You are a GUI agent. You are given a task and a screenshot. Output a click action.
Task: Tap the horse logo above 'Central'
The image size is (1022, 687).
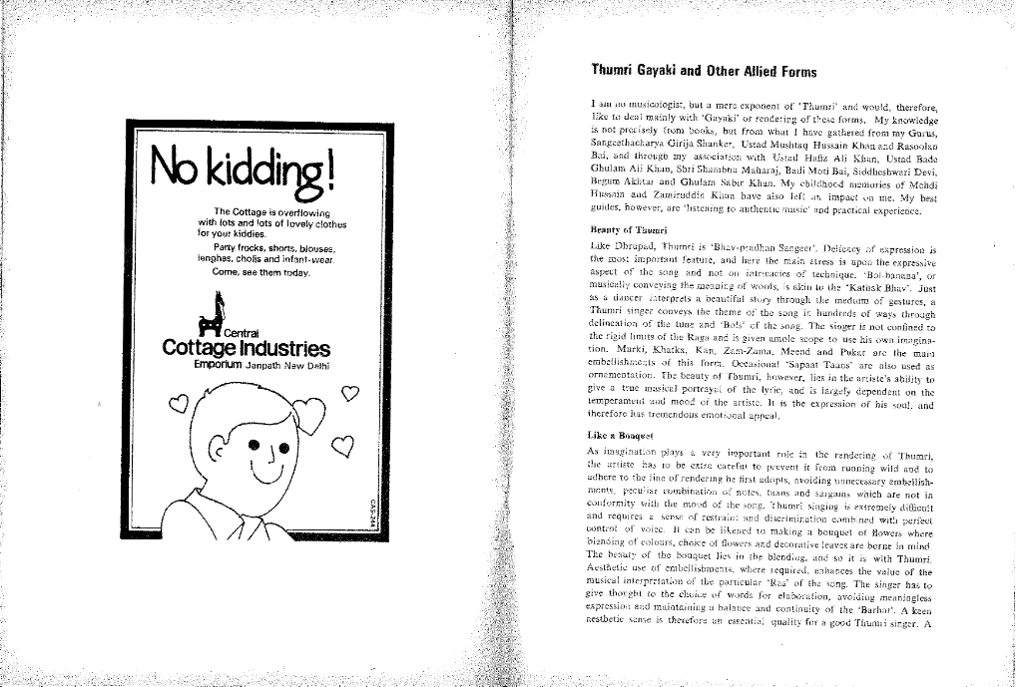click(212, 311)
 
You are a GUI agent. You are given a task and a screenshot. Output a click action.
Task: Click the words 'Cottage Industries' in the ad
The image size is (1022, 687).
click(246, 348)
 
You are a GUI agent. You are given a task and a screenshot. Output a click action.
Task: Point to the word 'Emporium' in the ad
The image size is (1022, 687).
click(219, 365)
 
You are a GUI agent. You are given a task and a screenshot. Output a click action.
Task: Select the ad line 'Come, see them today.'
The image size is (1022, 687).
click(261, 272)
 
